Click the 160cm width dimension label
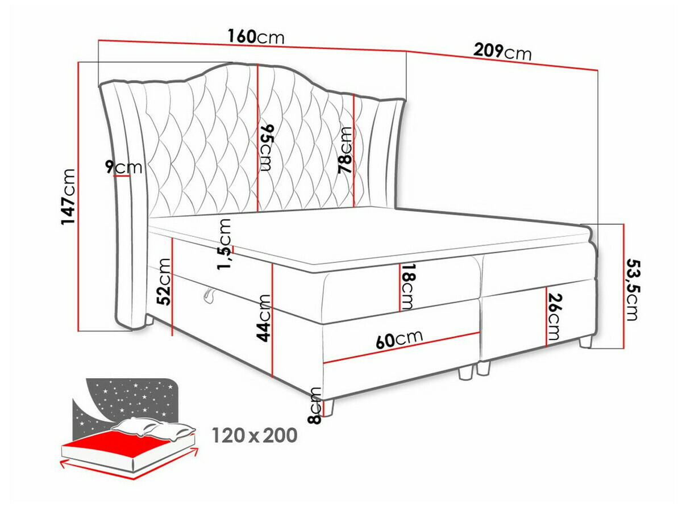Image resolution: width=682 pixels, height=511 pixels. [x=256, y=37]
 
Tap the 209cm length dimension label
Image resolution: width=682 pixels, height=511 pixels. [x=502, y=52]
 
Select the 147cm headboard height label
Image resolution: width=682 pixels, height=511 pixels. [x=69, y=196]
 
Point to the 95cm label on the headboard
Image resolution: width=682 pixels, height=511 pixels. [x=267, y=148]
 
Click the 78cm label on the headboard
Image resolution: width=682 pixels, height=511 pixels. [x=345, y=150]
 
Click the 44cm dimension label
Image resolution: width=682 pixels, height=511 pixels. [x=264, y=319]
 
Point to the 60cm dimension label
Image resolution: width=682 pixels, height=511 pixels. [x=400, y=339]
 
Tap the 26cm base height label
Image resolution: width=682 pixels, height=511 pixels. [x=556, y=317]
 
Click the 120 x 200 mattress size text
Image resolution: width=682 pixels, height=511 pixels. [x=255, y=435]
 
